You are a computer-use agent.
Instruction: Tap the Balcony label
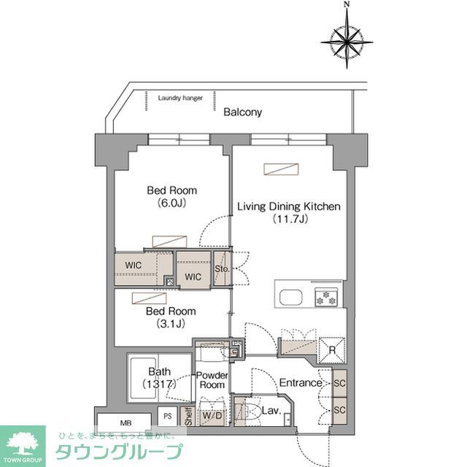[x=242, y=113]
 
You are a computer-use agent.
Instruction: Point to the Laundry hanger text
[x=181, y=97]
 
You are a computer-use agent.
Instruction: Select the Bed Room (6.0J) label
[x=171, y=197]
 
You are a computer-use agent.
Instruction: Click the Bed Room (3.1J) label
[x=171, y=316]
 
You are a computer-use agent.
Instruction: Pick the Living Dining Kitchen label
[x=288, y=213]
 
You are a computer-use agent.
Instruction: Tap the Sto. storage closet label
[x=223, y=269]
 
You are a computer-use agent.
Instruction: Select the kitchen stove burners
[x=325, y=297]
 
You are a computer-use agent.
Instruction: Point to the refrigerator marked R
[x=332, y=349]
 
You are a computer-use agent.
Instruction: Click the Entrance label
[x=301, y=383]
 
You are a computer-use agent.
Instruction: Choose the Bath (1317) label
[x=158, y=378]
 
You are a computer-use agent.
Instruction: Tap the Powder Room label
[x=212, y=380]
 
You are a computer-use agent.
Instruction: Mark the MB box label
[x=126, y=422]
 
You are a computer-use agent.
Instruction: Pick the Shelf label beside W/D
[x=188, y=417]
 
